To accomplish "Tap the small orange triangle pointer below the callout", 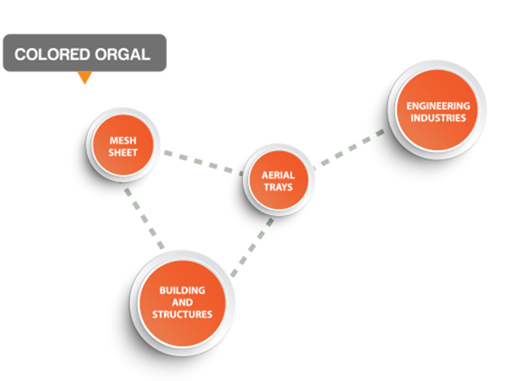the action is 85,77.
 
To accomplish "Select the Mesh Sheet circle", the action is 123,145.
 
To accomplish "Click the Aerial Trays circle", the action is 279,180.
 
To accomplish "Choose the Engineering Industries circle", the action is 437,110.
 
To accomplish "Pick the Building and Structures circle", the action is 183,304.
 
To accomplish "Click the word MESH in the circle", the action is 123,141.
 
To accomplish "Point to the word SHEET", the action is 123,153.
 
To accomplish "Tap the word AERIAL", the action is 278,175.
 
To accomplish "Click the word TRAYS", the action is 278,187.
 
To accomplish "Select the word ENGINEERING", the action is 438,106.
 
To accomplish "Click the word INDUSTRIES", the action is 438,118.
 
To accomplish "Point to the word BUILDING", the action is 183,290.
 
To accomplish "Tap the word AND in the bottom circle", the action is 183,302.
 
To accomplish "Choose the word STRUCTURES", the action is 183,314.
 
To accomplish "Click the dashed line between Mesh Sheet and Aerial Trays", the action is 203,163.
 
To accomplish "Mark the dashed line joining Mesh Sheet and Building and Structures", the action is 145,219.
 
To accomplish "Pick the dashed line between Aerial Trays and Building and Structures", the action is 253,247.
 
